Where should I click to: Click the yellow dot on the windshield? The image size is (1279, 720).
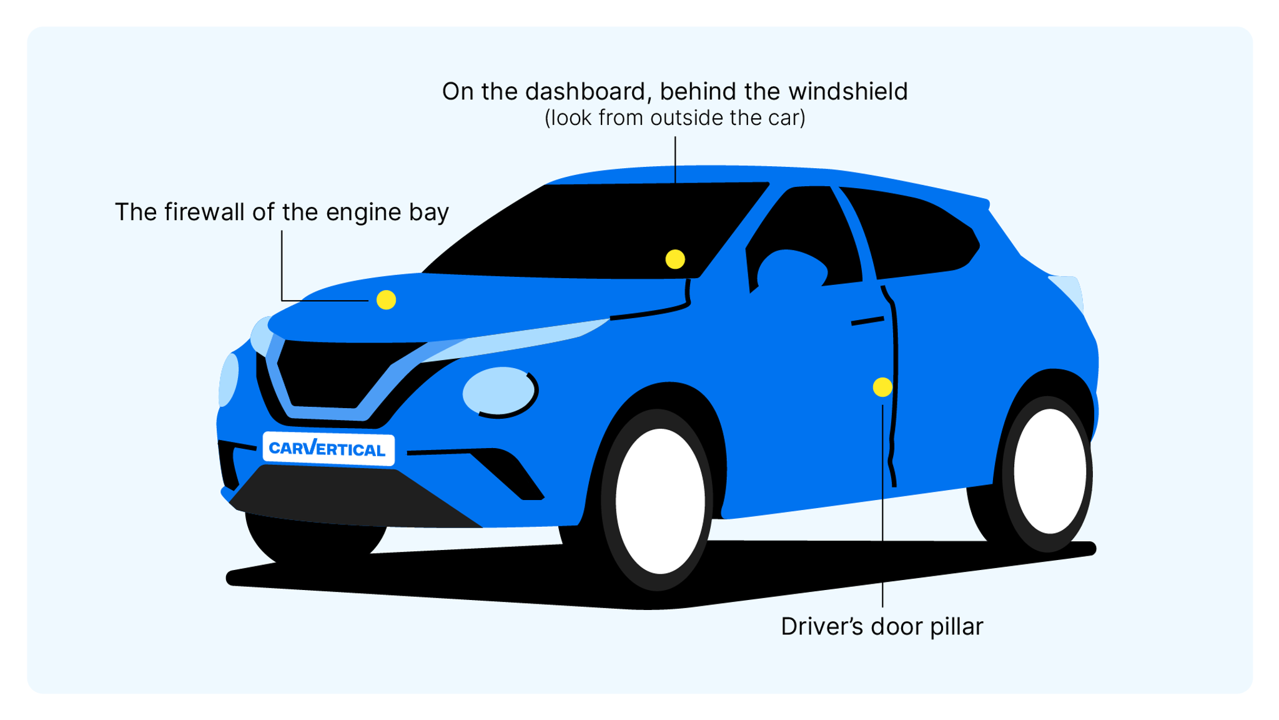[x=675, y=259]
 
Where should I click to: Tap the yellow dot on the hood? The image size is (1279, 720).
[x=386, y=300]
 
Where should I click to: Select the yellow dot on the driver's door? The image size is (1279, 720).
[x=882, y=387]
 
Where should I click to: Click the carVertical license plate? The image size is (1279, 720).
[x=328, y=448]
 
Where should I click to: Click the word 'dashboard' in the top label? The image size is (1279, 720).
[x=585, y=92]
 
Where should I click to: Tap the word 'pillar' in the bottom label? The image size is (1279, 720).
[x=957, y=627]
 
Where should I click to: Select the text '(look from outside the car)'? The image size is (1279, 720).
[x=674, y=118]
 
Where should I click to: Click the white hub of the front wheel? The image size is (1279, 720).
[x=659, y=501]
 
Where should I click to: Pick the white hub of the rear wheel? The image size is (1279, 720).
[x=1050, y=471]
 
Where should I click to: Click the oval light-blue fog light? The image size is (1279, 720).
[x=498, y=391]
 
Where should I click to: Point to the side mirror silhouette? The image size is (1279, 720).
[x=791, y=269]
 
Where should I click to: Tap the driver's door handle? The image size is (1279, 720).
[x=867, y=321]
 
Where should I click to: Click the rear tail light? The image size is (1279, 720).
[x=1069, y=291]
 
